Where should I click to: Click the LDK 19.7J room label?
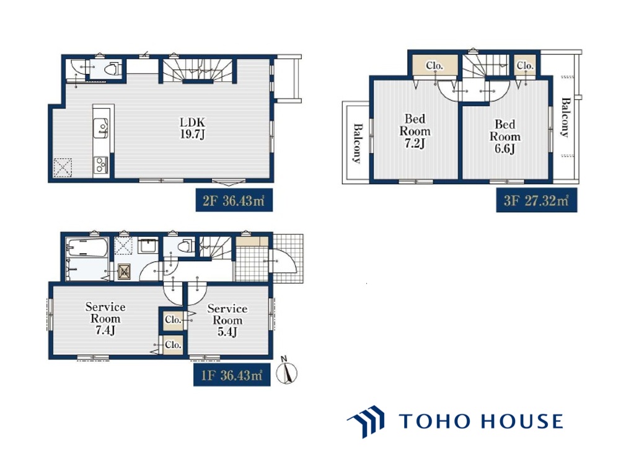pyautogui.click(x=193, y=128)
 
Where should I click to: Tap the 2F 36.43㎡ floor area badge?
pyautogui.click(x=234, y=200)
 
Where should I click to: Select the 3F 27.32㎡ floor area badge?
pyautogui.click(x=536, y=200)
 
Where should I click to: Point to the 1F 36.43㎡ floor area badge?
pyautogui.click(x=232, y=375)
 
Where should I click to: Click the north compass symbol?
pyautogui.click(x=287, y=371)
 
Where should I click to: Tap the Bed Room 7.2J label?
pyautogui.click(x=415, y=131)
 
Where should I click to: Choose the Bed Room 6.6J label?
pyautogui.click(x=505, y=136)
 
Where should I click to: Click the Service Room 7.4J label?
pyautogui.click(x=105, y=318)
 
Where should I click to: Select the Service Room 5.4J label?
pyautogui.click(x=227, y=320)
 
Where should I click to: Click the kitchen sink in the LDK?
pyautogui.click(x=100, y=128)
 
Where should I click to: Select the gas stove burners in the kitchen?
pyautogui.click(x=100, y=165)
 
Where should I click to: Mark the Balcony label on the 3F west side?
pyautogui.click(x=358, y=143)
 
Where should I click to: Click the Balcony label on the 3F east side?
pyautogui.click(x=566, y=117)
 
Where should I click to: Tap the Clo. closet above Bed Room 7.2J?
pyautogui.click(x=434, y=65)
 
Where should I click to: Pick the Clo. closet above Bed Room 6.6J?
pyautogui.click(x=525, y=65)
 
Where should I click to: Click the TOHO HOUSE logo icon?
pyautogui.click(x=366, y=421)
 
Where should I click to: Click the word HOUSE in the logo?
pyautogui.click(x=521, y=421)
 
